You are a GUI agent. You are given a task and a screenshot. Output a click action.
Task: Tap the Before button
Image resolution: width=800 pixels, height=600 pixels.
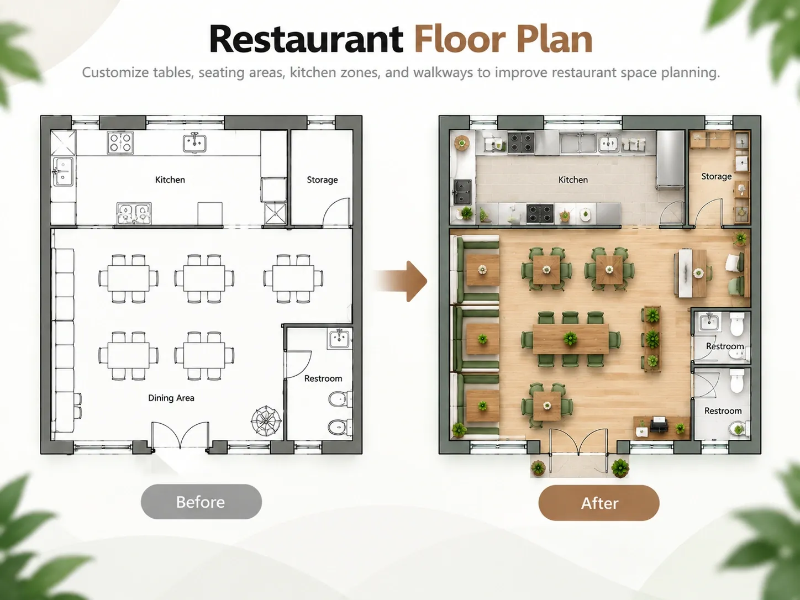(x=201, y=502)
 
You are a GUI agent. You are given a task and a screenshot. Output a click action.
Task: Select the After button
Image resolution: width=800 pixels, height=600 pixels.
(x=599, y=503)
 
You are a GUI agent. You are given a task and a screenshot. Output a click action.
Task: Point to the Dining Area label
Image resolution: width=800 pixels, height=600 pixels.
(x=171, y=398)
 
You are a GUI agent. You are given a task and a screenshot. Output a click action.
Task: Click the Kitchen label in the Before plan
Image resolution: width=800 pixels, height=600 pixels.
(x=170, y=180)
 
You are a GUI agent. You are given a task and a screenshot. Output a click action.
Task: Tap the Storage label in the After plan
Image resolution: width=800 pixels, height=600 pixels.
(x=716, y=177)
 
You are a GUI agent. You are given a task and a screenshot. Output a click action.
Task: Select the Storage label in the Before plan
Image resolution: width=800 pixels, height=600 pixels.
(x=322, y=180)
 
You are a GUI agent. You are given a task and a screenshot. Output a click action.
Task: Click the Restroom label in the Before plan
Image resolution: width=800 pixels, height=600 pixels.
(x=323, y=378)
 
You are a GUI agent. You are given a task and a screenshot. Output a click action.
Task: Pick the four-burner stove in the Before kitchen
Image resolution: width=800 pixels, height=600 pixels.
(x=120, y=143)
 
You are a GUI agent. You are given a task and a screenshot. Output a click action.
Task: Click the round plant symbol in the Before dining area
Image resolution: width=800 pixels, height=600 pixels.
(x=266, y=421)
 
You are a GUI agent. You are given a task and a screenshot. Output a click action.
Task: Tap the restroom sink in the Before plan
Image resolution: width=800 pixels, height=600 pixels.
(x=339, y=339)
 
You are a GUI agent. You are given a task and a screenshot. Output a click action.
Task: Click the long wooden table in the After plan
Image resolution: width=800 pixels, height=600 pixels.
(x=570, y=339)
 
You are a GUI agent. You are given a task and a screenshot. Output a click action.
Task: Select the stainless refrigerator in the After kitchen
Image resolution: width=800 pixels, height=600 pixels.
(x=670, y=160)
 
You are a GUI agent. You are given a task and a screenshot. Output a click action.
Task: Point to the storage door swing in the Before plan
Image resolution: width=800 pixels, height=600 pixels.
(x=336, y=212)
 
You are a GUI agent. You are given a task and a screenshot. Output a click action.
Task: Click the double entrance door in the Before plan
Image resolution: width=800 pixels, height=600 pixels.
(x=181, y=435)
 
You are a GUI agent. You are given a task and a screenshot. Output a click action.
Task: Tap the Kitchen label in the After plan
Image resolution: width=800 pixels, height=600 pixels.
(x=573, y=180)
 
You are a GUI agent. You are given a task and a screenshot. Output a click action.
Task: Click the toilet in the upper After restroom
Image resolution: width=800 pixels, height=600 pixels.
(x=736, y=324)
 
